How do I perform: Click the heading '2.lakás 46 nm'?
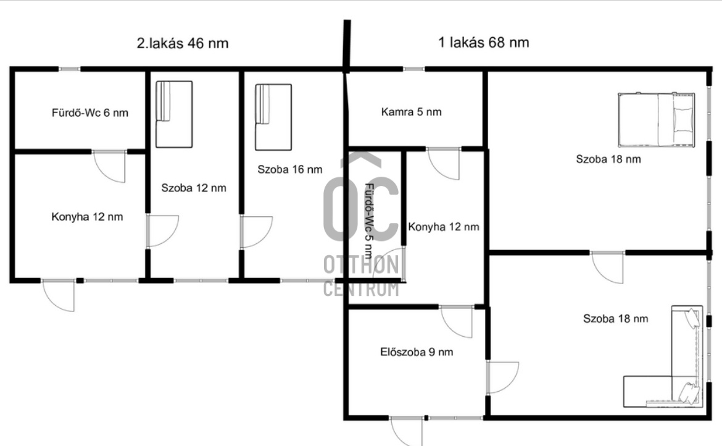coord(182,43)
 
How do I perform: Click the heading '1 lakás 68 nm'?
coord(483,43)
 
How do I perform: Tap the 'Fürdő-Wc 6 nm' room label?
coord(90,113)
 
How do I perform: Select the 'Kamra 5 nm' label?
coord(411,112)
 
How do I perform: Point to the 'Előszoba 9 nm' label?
coord(417,352)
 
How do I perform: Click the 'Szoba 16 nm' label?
coord(289,169)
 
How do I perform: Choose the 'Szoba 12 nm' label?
coord(193,188)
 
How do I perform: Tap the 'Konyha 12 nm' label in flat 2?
coord(87,217)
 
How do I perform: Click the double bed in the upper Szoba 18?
coord(656,120)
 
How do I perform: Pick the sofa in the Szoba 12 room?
coord(174,115)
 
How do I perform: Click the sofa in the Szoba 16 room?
coord(273,117)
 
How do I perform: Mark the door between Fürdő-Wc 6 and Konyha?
coord(110,166)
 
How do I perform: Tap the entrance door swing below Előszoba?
coord(407,431)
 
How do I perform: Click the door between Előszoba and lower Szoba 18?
coord(502,377)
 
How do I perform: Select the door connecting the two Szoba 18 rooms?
coord(607,267)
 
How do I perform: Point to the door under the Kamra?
coord(444,164)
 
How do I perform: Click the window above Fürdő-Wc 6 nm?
coord(70,69)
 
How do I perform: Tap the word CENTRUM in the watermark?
coord(361,289)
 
